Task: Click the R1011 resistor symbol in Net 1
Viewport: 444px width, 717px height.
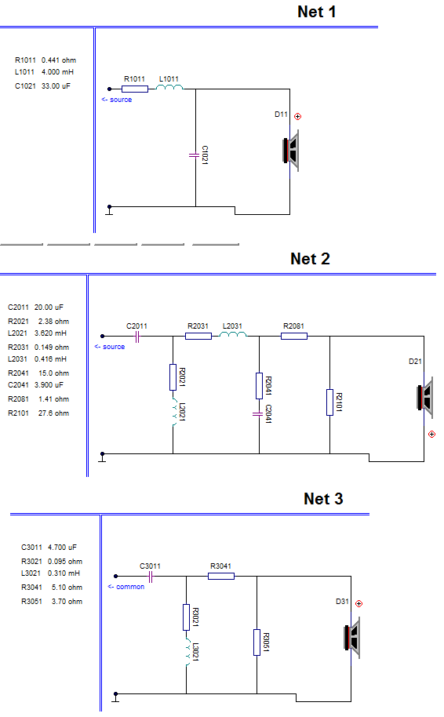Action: pos(135,89)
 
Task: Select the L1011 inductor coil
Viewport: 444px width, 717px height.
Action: pos(169,87)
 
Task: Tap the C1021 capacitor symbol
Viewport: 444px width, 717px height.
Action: pos(195,155)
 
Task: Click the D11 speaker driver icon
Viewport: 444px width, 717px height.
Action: pos(291,151)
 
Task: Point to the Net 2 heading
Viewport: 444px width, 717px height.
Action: pos(310,259)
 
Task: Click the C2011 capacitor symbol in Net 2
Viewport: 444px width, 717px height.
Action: pos(137,337)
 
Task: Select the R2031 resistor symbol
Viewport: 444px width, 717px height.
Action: pos(198,336)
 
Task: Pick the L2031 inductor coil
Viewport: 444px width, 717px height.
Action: pos(233,334)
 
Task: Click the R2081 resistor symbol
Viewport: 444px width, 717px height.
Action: pos(294,336)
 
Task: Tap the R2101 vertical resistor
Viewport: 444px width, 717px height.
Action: pos(329,402)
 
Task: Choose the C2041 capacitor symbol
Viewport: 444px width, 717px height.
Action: pos(258,414)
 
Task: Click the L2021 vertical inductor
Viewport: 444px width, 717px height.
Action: pos(174,412)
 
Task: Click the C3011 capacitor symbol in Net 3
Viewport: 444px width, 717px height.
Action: pos(151,577)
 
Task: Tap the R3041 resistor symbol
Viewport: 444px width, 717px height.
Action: pos(221,576)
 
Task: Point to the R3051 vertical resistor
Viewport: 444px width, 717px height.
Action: pos(257,642)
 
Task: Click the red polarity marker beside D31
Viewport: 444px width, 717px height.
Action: pos(359,603)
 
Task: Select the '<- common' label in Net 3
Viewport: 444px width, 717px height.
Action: pos(126,587)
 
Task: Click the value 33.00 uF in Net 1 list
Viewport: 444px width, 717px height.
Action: pos(56,86)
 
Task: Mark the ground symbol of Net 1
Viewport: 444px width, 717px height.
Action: pos(109,210)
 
